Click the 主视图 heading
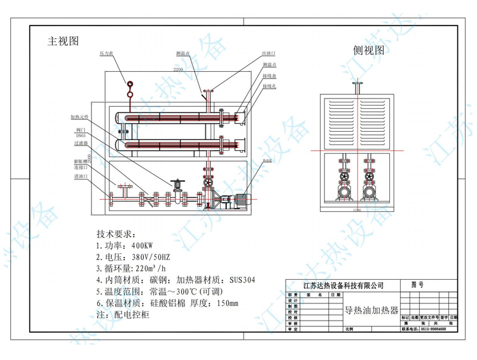coord(63,41)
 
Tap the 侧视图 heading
coord(369,50)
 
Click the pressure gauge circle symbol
coord(130,84)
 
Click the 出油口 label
coord(268,54)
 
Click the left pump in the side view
coord(344,191)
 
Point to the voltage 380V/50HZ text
coord(148,257)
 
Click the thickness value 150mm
coord(227,303)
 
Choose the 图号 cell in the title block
coord(417,286)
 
